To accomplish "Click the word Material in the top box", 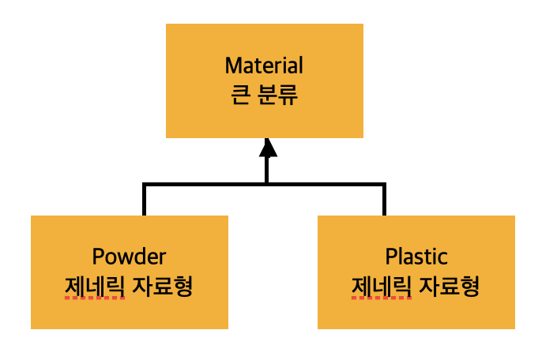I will point(264,65).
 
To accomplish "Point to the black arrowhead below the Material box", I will point(268,148).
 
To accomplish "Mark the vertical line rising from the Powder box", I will point(144,199).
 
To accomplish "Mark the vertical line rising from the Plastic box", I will point(384,199).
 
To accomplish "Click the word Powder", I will point(130,257).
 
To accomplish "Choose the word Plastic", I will point(416,257).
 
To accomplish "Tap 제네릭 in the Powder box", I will point(94,285).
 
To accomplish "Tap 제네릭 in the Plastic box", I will point(381,285).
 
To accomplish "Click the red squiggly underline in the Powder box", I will point(94,299).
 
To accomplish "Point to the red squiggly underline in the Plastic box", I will point(381,299).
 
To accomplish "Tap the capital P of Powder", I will point(98,257).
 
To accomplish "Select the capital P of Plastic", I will point(390,257).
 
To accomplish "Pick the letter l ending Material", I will point(300,64).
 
